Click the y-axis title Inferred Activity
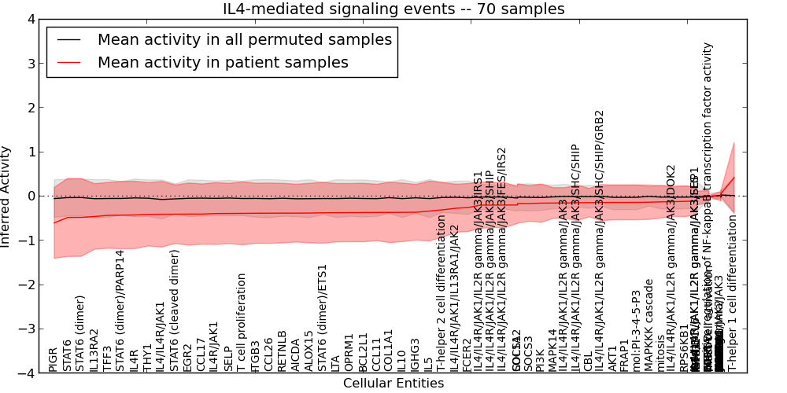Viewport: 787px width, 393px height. click(x=6, y=196)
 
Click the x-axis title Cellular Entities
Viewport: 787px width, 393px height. click(x=393, y=384)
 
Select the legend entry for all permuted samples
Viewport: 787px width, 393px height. click(x=244, y=39)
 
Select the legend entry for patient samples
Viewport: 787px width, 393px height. click(x=223, y=63)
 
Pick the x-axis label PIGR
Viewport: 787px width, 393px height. click(x=54, y=358)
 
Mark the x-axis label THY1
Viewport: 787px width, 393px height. click(x=147, y=358)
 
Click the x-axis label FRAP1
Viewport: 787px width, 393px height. click(x=624, y=355)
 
